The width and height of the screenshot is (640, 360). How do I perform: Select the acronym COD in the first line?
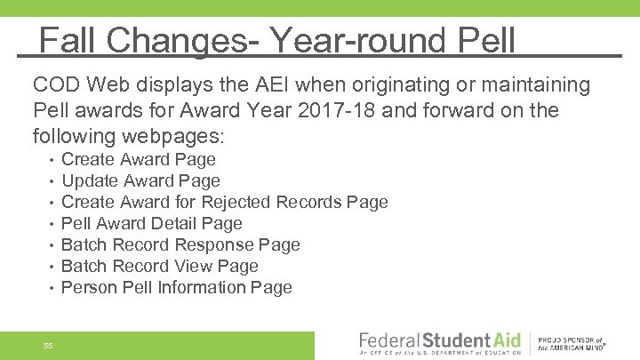(55, 85)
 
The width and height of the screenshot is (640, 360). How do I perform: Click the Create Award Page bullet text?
(138, 160)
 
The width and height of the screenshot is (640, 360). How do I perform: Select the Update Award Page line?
(140, 181)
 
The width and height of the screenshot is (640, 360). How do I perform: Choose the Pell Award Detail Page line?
(151, 224)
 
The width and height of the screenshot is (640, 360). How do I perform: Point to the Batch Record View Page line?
(159, 267)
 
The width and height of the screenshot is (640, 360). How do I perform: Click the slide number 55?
(48, 345)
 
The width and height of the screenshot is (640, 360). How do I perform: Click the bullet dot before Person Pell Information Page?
(52, 288)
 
